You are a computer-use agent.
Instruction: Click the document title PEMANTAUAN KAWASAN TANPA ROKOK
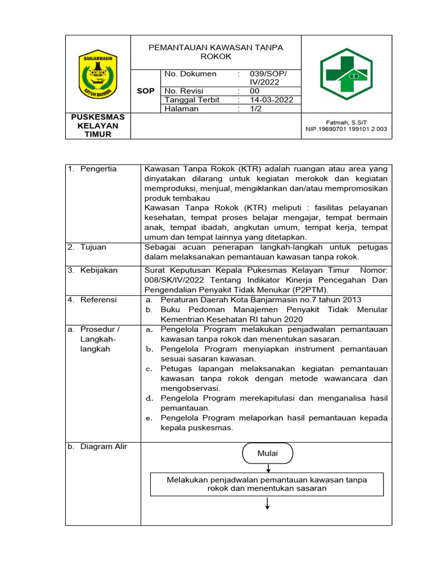click(216, 52)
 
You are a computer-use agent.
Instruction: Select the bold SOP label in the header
click(146, 91)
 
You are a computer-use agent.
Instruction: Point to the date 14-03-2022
click(272, 100)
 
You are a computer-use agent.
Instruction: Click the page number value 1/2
click(256, 109)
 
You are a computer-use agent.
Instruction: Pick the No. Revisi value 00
click(255, 91)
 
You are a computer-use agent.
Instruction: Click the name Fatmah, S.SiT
click(346, 122)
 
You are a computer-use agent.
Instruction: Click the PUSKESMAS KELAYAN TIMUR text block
click(98, 125)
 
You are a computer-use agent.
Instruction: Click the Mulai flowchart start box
click(268, 453)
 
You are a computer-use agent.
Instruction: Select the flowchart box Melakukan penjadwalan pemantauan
click(267, 484)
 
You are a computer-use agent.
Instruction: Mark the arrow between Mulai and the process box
click(268, 467)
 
